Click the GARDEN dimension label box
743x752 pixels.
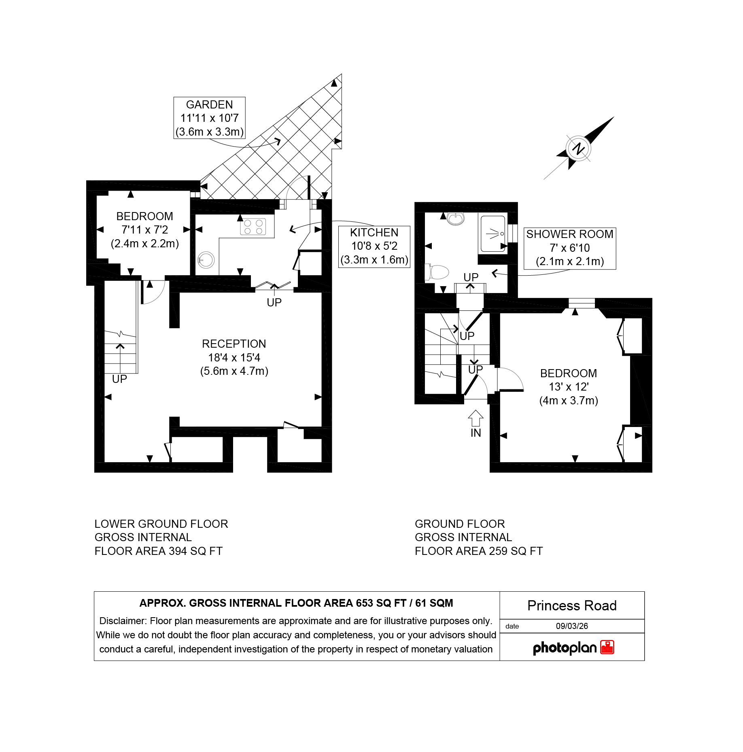point(209,118)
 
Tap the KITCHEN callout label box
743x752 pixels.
point(374,246)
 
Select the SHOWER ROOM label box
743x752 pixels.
point(570,248)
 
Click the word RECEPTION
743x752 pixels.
point(234,344)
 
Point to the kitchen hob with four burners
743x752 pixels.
point(253,227)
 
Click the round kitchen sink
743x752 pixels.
point(206,260)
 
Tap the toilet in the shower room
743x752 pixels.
point(437,272)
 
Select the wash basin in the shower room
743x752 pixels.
point(456,218)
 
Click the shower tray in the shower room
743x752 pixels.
point(493,234)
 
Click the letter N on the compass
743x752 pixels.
point(579,148)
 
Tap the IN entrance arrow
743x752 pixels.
point(476,418)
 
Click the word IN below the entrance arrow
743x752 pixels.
point(476,433)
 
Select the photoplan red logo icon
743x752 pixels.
point(607,647)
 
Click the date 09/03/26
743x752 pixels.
point(572,626)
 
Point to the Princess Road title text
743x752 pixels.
point(572,605)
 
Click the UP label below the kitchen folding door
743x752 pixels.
point(274,302)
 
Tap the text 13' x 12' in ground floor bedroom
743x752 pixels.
point(569,387)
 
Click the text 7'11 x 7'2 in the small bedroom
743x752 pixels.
point(144,229)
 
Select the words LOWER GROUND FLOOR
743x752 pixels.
point(161,524)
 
